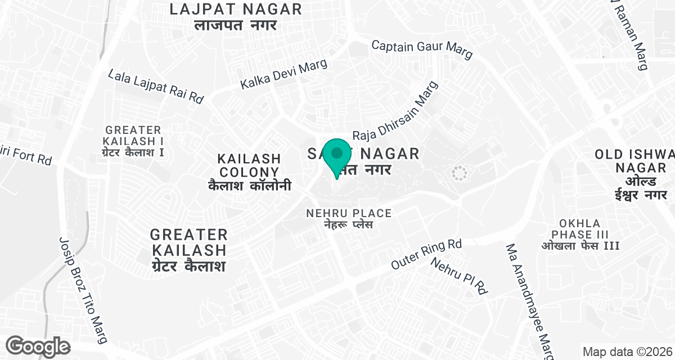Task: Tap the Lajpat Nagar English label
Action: pyautogui.click(x=236, y=9)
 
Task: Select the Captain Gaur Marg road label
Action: pyautogui.click(x=422, y=49)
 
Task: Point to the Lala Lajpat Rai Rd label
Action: pyautogui.click(x=156, y=86)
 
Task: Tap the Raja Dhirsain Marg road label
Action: pyautogui.click(x=395, y=111)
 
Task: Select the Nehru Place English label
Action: pyautogui.click(x=348, y=213)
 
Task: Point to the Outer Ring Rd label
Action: pyautogui.click(x=426, y=254)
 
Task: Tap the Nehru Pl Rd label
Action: pyautogui.click(x=459, y=275)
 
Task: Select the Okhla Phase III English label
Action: pyautogui.click(x=580, y=229)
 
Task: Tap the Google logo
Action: pyautogui.click(x=38, y=345)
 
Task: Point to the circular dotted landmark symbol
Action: pyautogui.click(x=459, y=173)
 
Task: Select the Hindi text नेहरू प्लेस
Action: pyautogui.click(x=348, y=225)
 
